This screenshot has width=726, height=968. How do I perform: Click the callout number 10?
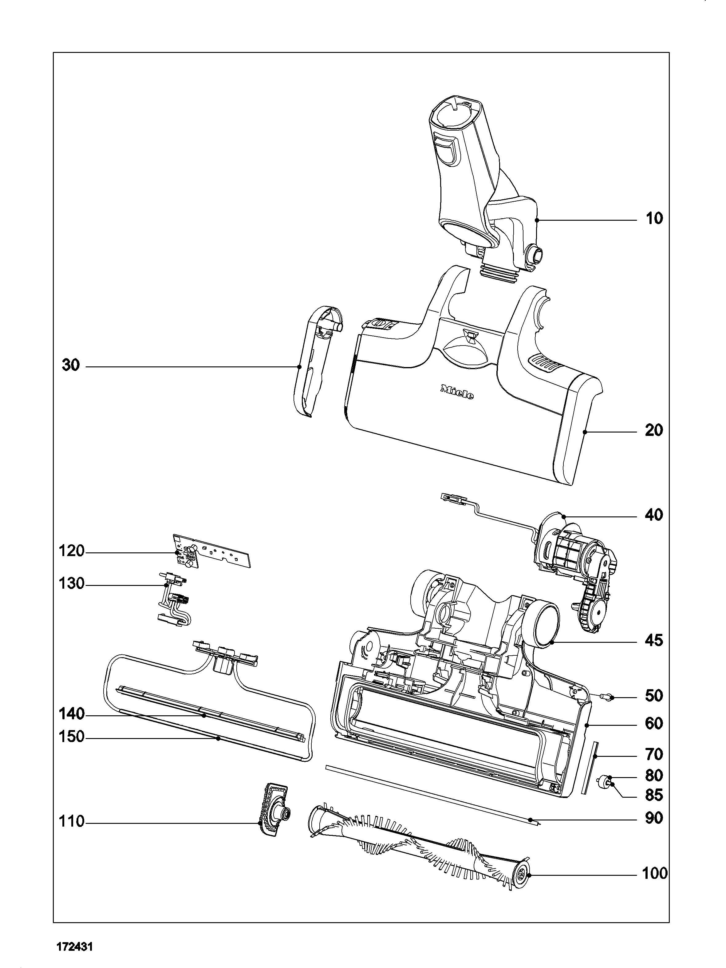coord(654,218)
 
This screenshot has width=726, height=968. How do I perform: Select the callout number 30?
coord(71,365)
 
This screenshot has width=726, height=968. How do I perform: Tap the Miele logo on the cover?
coord(457,392)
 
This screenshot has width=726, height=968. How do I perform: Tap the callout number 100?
coord(655,874)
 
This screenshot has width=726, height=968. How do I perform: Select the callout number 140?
coord(71,714)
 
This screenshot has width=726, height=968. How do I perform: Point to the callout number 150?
coord(71,737)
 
